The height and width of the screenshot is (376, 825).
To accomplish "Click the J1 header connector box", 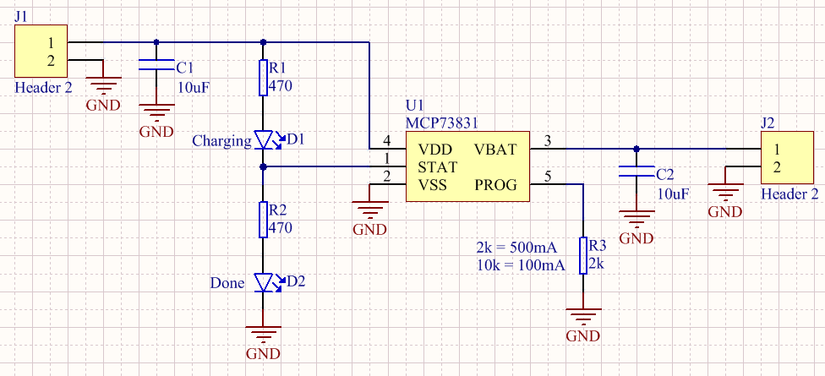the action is [41, 51].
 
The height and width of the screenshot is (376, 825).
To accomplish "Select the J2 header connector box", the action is [788, 158].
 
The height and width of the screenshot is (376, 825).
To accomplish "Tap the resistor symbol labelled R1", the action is [264, 78].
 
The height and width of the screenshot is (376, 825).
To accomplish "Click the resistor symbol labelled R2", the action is [264, 220].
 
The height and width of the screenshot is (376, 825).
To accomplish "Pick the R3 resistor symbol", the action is [583, 255].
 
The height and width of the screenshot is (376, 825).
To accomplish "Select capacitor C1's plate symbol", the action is [156, 65].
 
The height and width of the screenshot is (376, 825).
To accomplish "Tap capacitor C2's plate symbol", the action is [637, 171].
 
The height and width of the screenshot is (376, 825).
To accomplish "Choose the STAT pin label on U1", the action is [437, 167].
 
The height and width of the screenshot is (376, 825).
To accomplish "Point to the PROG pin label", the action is [496, 185].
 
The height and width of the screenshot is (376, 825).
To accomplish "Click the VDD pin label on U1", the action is [435, 150].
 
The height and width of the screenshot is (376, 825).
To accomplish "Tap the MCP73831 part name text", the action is [442, 123].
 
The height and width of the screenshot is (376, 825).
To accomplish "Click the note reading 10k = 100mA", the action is [521, 265].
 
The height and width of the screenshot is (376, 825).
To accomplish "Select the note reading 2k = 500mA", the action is [516, 248].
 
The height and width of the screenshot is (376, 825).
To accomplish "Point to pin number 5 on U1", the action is [548, 177].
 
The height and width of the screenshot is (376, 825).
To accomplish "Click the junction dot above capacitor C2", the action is [637, 149].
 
